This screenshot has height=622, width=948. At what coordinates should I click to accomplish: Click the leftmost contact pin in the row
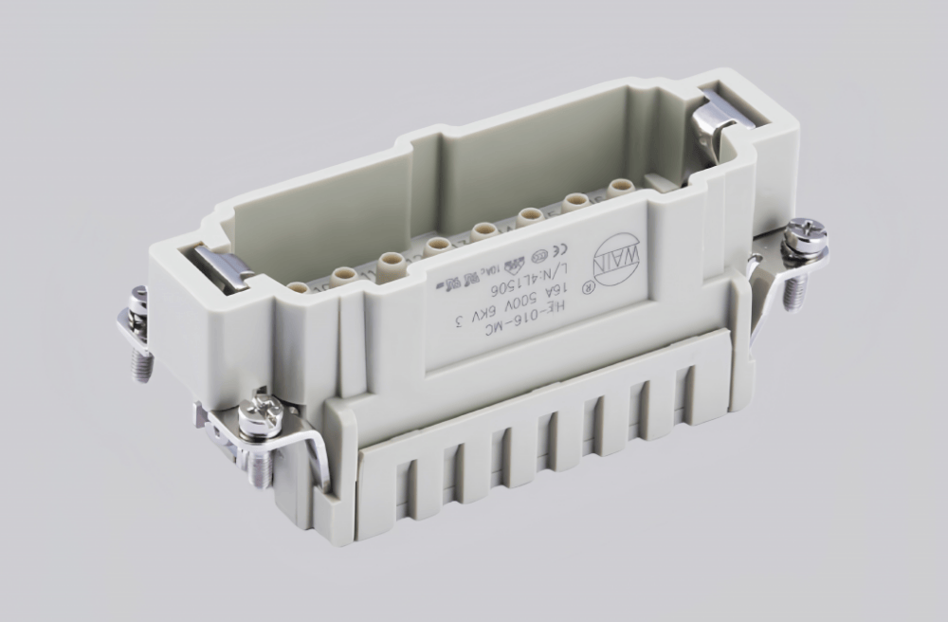(298, 286)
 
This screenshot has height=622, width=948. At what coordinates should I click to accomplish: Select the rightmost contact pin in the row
(620, 188)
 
